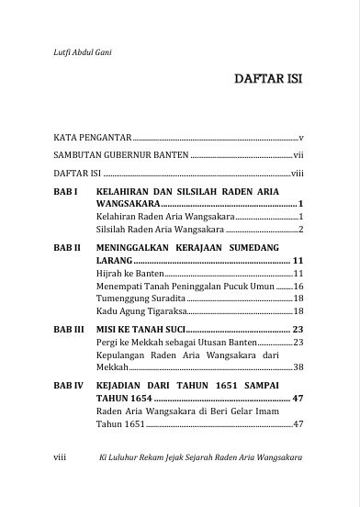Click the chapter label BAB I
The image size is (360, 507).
pyautogui.click(x=64, y=190)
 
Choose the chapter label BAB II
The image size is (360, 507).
pyautogui.click(x=67, y=248)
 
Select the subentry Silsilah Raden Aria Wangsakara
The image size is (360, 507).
pyautogui.click(x=160, y=229)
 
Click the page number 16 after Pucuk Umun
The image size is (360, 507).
pyautogui.click(x=298, y=287)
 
